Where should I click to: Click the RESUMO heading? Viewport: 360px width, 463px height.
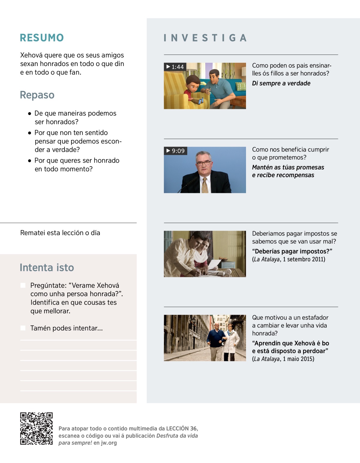pos(42,38)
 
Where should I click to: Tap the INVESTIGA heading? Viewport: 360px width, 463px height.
pos(205,38)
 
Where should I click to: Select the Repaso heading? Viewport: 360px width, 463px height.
pos(37,95)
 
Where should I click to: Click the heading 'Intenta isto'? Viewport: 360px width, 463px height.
pos(47,267)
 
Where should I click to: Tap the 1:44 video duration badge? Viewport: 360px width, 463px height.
pos(175,67)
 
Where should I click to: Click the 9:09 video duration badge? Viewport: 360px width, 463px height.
pos(175,151)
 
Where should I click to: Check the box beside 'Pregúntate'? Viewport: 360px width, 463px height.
pos(23,285)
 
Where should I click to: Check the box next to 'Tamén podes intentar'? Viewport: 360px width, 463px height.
pos(23,328)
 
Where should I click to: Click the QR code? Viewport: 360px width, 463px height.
pos(36,428)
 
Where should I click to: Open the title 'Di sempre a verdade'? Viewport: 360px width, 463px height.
pos(281,83)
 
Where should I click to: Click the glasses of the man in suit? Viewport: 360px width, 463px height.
pos(204,163)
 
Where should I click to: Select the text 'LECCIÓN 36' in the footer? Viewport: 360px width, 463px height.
pos(182,428)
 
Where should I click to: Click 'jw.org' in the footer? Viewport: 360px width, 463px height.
pos(109,443)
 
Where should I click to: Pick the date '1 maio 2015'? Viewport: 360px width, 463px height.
pos(298,359)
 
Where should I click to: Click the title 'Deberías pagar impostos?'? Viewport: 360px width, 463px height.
pos(292,251)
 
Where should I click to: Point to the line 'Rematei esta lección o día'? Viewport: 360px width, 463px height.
pos(60,233)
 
